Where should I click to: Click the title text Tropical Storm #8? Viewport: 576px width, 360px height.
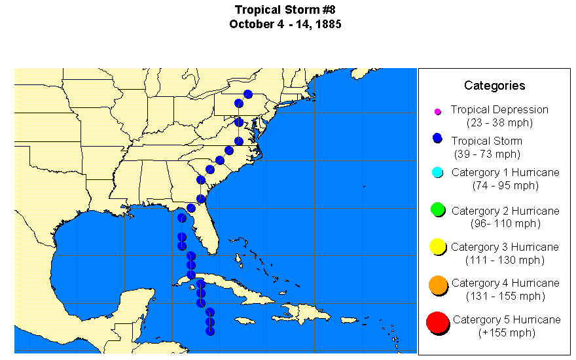pyautogui.click(x=285, y=10)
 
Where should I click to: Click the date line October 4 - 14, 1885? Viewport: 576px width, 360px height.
pyautogui.click(x=285, y=24)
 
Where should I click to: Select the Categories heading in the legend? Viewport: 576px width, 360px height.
pyautogui.click(x=494, y=85)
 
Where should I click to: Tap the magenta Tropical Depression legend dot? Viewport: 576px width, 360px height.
pyautogui.click(x=438, y=112)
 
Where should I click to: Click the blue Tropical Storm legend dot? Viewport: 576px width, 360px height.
pyautogui.click(x=438, y=139)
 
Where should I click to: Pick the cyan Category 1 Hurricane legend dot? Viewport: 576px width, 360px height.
pyautogui.click(x=439, y=173)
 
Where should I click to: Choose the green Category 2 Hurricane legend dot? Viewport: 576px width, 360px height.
pyautogui.click(x=439, y=209)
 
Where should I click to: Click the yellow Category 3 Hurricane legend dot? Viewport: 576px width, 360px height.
pyautogui.click(x=438, y=247)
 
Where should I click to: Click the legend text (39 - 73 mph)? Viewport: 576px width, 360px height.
pyautogui.click(x=487, y=154)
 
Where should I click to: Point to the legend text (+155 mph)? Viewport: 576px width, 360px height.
pyautogui.click(x=506, y=333)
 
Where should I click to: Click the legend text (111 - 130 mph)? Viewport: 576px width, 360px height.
pyautogui.click(x=505, y=260)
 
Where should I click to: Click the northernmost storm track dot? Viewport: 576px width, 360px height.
pyautogui.click(x=247, y=94)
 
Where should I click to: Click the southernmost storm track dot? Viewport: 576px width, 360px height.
pyautogui.click(x=210, y=331)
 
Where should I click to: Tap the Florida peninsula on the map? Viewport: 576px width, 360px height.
pyautogui.click(x=205, y=229)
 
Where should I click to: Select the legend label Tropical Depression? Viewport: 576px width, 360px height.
pyautogui.click(x=499, y=110)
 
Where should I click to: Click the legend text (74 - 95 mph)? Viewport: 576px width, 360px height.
pyautogui.click(x=505, y=185)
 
